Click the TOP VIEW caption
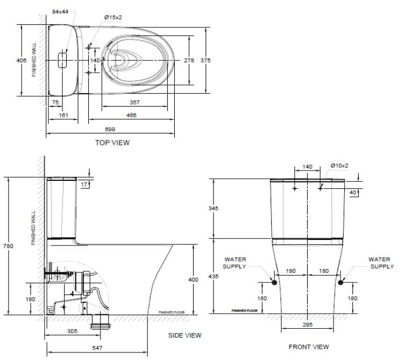pyautogui.click(x=112, y=143)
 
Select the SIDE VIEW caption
pyautogui.click(x=185, y=335)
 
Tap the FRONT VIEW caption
pyautogui.click(x=309, y=347)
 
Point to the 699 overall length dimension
pyautogui.click(x=110, y=129)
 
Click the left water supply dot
pyautogui.click(x=274, y=282)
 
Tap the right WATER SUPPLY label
pyautogui.click(x=380, y=263)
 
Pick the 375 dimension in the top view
pyautogui.click(x=205, y=60)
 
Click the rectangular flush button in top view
pyautogui.click(x=62, y=59)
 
